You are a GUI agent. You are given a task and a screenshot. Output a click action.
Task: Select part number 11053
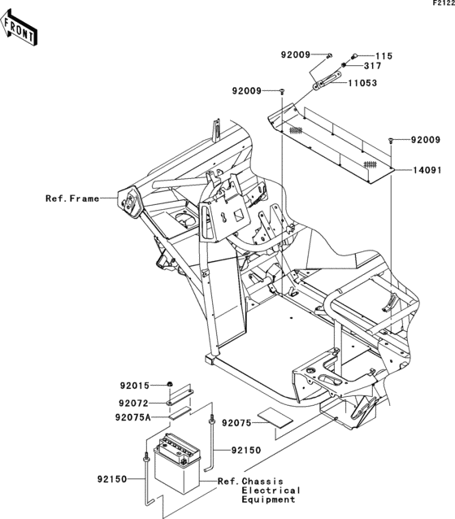click(x=362, y=83)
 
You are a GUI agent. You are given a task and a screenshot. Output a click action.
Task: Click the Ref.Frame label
click(x=72, y=198)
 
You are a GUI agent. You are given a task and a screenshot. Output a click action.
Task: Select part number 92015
click(x=136, y=385)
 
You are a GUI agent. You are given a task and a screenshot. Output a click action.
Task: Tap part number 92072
click(x=136, y=402)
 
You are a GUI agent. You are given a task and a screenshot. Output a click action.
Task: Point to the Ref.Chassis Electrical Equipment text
click(x=258, y=490)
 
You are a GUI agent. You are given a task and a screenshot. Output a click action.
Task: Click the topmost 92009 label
click(x=297, y=55)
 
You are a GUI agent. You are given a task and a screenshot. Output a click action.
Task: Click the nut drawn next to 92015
click(x=167, y=385)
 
